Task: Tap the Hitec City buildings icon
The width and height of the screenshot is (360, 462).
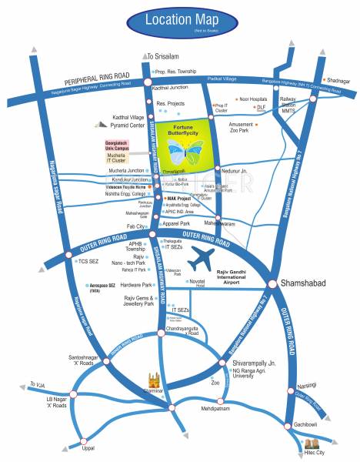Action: pyautogui.click(x=311, y=444)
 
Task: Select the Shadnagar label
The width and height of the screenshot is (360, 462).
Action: pyautogui.click(x=339, y=80)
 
